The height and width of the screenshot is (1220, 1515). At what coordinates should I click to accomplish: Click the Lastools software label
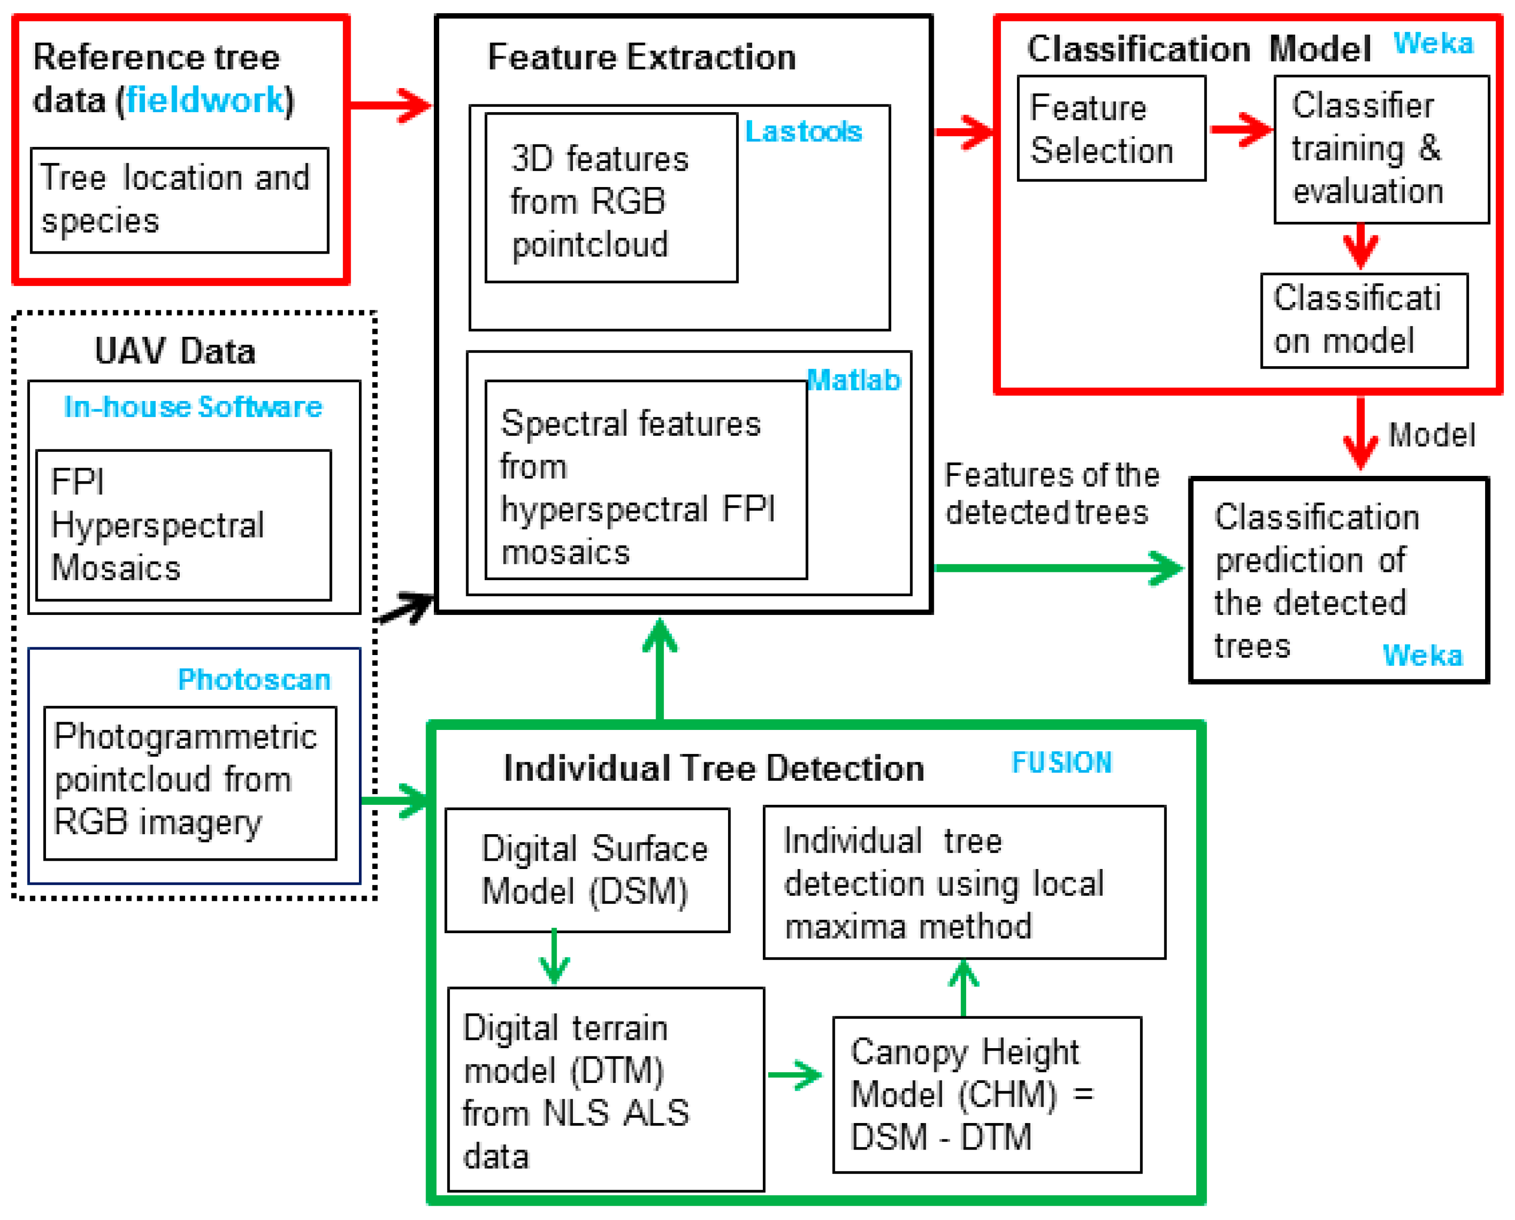click(x=803, y=131)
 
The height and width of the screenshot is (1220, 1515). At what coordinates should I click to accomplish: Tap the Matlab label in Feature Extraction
click(x=853, y=380)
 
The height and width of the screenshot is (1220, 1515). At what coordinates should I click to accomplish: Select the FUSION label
click(x=1061, y=763)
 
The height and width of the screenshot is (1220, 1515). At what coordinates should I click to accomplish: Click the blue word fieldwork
click(x=205, y=100)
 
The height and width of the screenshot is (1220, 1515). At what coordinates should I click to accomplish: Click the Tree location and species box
click(x=179, y=200)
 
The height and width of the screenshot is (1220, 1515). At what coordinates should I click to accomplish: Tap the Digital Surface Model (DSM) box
click(x=587, y=870)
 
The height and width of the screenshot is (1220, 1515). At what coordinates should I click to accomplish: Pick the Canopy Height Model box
click(x=986, y=1094)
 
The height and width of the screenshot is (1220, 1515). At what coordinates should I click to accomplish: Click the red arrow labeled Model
click(x=1360, y=434)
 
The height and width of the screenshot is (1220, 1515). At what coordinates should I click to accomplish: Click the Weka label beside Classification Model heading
click(x=1433, y=44)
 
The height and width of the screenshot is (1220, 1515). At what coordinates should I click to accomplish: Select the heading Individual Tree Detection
click(x=713, y=768)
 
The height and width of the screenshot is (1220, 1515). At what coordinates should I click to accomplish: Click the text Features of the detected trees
click(x=1051, y=494)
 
